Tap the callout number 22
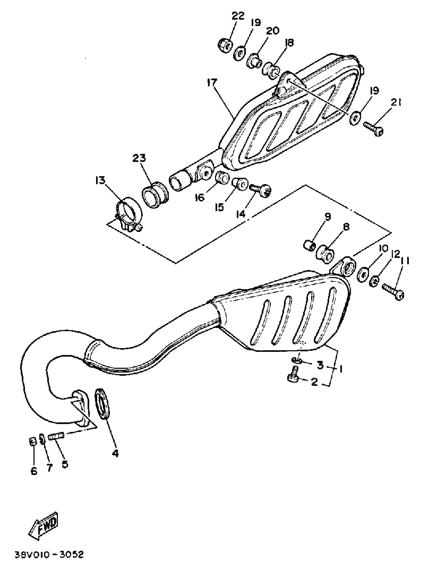(x=238, y=16)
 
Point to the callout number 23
(x=139, y=158)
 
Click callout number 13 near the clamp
(x=100, y=181)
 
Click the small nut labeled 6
(x=32, y=442)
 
